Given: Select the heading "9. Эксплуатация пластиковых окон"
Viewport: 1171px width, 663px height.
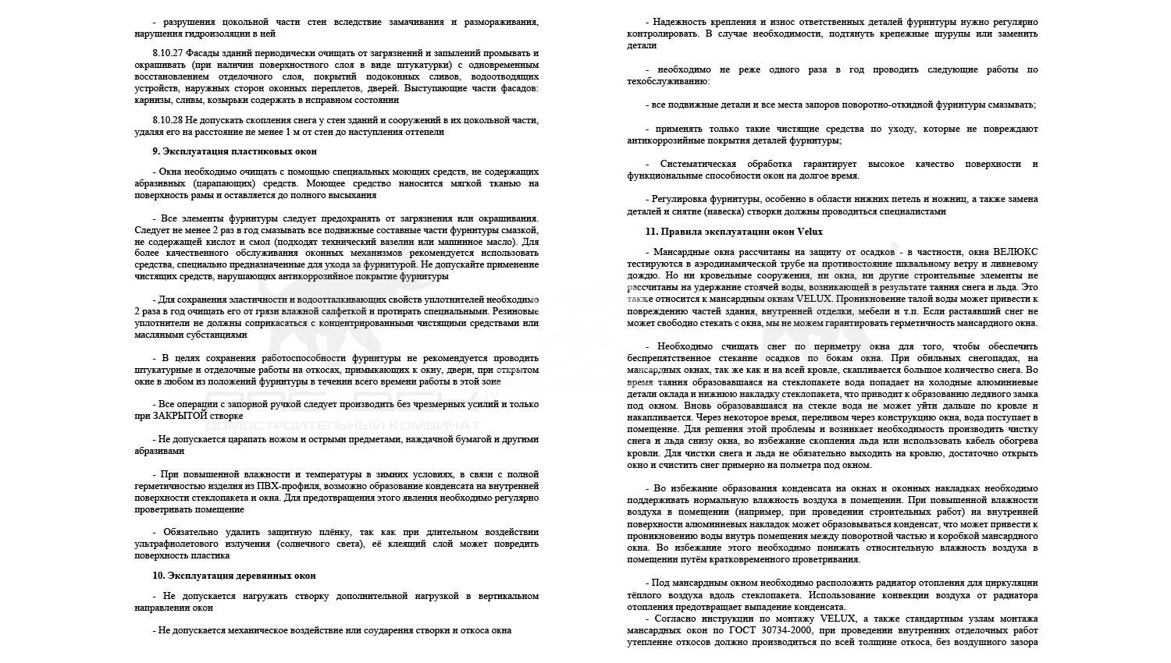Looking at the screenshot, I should coord(234,151).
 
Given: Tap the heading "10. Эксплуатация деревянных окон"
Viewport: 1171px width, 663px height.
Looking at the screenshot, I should coord(234,576).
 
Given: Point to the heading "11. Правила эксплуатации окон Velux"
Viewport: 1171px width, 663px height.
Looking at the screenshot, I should coord(734,232).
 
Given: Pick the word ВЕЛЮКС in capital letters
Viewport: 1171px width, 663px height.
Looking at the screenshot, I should coord(1016,252).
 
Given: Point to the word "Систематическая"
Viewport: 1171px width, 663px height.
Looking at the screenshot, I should coord(699,164).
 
